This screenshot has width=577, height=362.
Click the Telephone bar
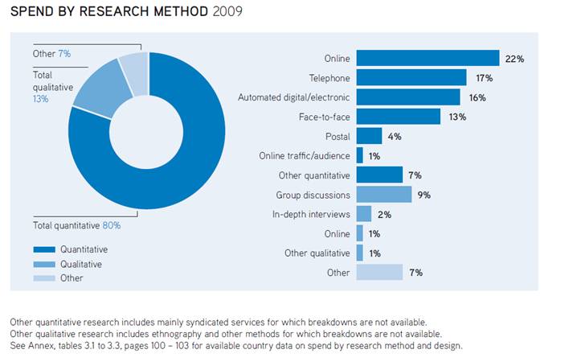[411, 77]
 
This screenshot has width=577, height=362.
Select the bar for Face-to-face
[399, 117]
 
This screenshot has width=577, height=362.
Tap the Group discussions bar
[383, 195]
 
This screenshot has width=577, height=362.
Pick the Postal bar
[369, 136]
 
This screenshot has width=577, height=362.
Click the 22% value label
[514, 58]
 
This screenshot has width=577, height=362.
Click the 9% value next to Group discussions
[424, 195]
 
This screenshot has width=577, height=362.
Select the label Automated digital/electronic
[294, 97]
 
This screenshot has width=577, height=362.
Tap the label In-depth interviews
[311, 214]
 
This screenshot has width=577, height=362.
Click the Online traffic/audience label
[305, 155]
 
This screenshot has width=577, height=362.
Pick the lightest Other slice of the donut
[134, 67]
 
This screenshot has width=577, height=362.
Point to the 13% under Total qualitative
[40, 99]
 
